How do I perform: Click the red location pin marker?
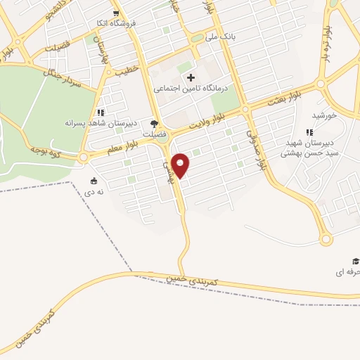click(181, 165)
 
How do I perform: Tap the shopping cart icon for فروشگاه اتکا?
click(116, 12)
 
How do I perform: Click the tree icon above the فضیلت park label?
click(154, 124)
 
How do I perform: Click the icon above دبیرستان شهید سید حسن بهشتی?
click(309, 132)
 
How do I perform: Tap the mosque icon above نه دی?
click(95, 180)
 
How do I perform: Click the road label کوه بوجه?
click(46, 150)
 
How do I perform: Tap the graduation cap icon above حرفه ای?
click(356, 261)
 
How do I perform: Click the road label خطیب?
click(127, 70)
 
